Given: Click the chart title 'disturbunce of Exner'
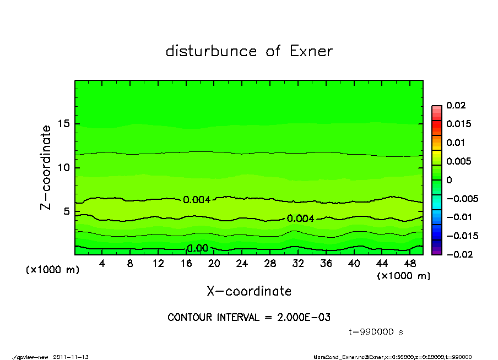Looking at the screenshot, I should [x=249, y=51].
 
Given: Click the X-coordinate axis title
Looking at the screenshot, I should [x=249, y=291].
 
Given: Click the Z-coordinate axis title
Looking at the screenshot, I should [x=46, y=167].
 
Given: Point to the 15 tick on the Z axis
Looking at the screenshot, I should [x=64, y=124].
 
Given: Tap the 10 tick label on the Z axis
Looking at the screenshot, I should [x=64, y=167].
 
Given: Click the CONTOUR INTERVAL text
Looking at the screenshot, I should [x=249, y=318].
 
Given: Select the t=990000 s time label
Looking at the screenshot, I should [x=377, y=332].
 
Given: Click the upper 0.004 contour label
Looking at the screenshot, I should [x=197, y=200].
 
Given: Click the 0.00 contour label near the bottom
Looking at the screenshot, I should [x=197, y=248].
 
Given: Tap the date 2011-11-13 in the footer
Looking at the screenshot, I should [x=71, y=357].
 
